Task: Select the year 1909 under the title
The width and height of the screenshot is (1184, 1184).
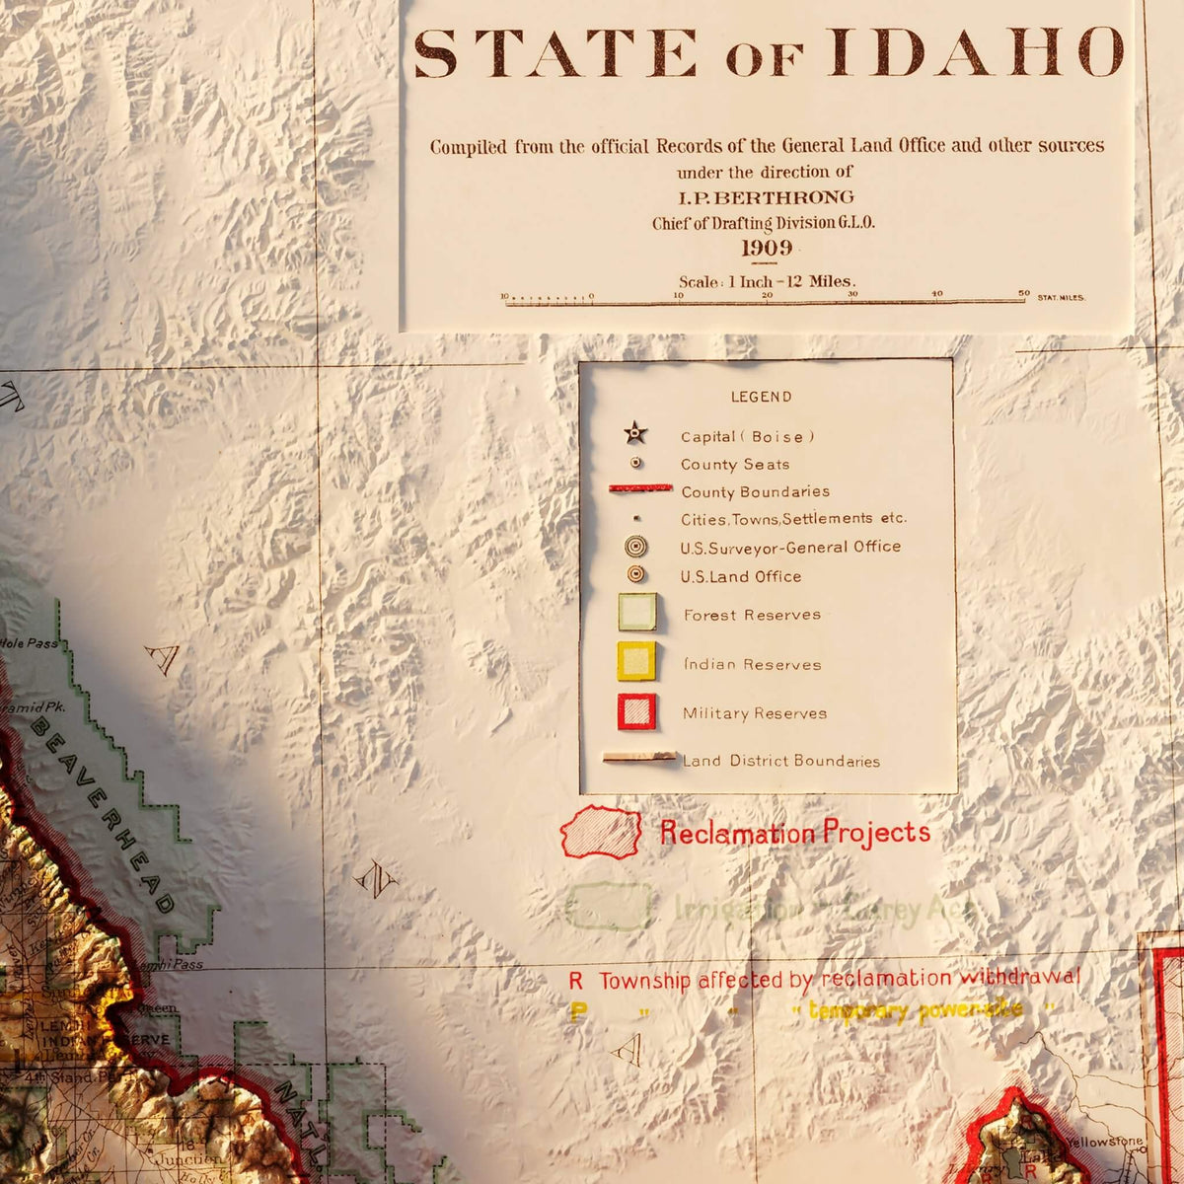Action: (x=767, y=248)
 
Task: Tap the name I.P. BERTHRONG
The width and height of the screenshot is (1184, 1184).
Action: (x=766, y=197)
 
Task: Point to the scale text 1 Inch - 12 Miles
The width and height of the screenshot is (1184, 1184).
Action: (x=767, y=282)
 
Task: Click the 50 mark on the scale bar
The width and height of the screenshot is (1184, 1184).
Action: (x=1024, y=294)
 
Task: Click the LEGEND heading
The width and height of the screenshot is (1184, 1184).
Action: (x=761, y=397)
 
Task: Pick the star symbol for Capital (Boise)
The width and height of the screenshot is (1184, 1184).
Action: (x=634, y=432)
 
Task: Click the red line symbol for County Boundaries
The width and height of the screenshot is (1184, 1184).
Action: (x=640, y=488)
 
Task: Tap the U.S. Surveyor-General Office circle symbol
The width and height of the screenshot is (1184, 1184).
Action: (x=636, y=546)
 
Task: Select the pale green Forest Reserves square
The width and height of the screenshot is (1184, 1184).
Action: (x=636, y=612)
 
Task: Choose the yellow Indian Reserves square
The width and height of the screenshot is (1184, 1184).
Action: (x=636, y=661)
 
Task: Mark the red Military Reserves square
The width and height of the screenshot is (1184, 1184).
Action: (x=636, y=711)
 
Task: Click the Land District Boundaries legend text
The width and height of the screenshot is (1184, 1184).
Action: (x=780, y=761)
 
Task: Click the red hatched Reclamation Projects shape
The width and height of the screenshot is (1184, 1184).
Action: (x=601, y=832)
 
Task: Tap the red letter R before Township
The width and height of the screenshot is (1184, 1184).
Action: (x=576, y=981)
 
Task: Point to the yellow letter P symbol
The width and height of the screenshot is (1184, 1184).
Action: (x=576, y=1012)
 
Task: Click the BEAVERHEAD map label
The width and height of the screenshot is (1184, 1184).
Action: (x=104, y=814)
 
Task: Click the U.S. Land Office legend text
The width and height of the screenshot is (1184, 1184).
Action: (x=740, y=576)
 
